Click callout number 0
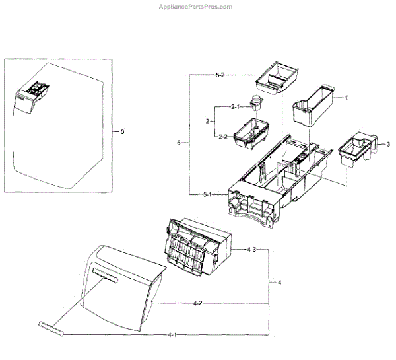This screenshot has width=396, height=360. pyautogui.click(x=121, y=132)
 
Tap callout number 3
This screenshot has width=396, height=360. pyautogui.click(x=388, y=144)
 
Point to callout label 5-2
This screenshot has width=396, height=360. pyautogui.click(x=220, y=76)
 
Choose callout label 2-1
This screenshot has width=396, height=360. pyautogui.click(x=234, y=106)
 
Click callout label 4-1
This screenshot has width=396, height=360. pyautogui.click(x=172, y=335)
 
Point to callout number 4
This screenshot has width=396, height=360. pyautogui.click(x=279, y=283)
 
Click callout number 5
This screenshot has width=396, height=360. pyautogui.click(x=178, y=143)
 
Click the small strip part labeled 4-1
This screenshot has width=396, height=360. pyautogui.click(x=49, y=328)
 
